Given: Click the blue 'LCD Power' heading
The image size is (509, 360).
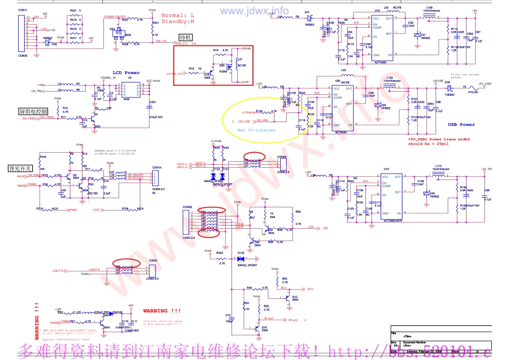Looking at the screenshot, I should coord(126,73).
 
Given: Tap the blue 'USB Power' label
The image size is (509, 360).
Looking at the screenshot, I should coord(461,125).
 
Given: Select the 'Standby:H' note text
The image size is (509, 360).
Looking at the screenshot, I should coord(178,21).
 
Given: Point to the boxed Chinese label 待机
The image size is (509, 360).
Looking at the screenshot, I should coord(185,38).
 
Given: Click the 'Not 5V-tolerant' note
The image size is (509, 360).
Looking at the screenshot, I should coord(257,130).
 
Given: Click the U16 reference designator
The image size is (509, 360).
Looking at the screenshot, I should coord(377,10).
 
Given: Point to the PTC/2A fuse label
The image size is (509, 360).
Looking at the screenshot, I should coord(474,92).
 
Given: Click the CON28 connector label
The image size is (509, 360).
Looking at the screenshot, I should coord(187,207).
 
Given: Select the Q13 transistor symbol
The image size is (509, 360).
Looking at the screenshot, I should coord(289,296).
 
